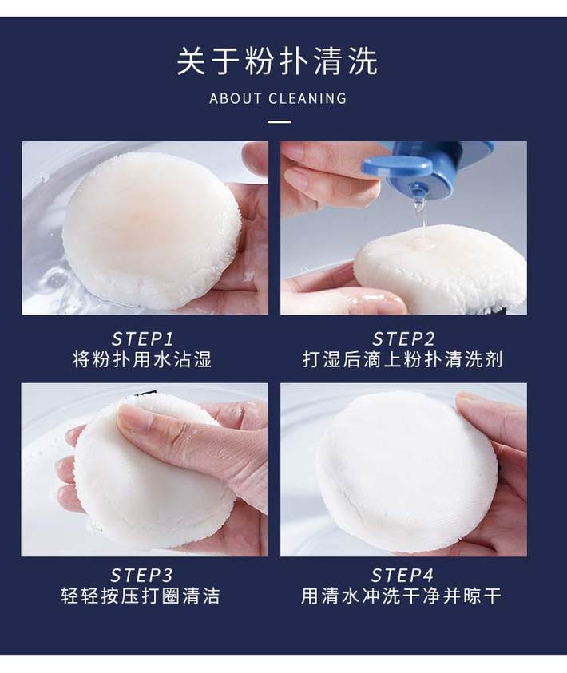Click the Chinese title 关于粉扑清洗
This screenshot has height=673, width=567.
coord(277,61)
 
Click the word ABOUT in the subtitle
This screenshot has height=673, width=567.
coord(236,98)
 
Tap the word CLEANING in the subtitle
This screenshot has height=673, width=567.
coord(307,98)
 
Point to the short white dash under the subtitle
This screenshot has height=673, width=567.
coord(279,122)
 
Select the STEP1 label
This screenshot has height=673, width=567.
coord(142,339)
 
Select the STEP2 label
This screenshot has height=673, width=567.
coord(403,339)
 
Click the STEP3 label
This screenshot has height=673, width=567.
coord(141,575)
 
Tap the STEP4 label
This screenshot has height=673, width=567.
coord(402,575)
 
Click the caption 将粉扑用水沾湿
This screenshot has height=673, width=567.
coord(142,359)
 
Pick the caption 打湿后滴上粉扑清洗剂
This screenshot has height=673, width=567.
coord(402,359)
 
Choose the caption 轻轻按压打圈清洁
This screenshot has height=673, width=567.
coord(141,596)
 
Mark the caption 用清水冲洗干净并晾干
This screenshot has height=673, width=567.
coord(402,596)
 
